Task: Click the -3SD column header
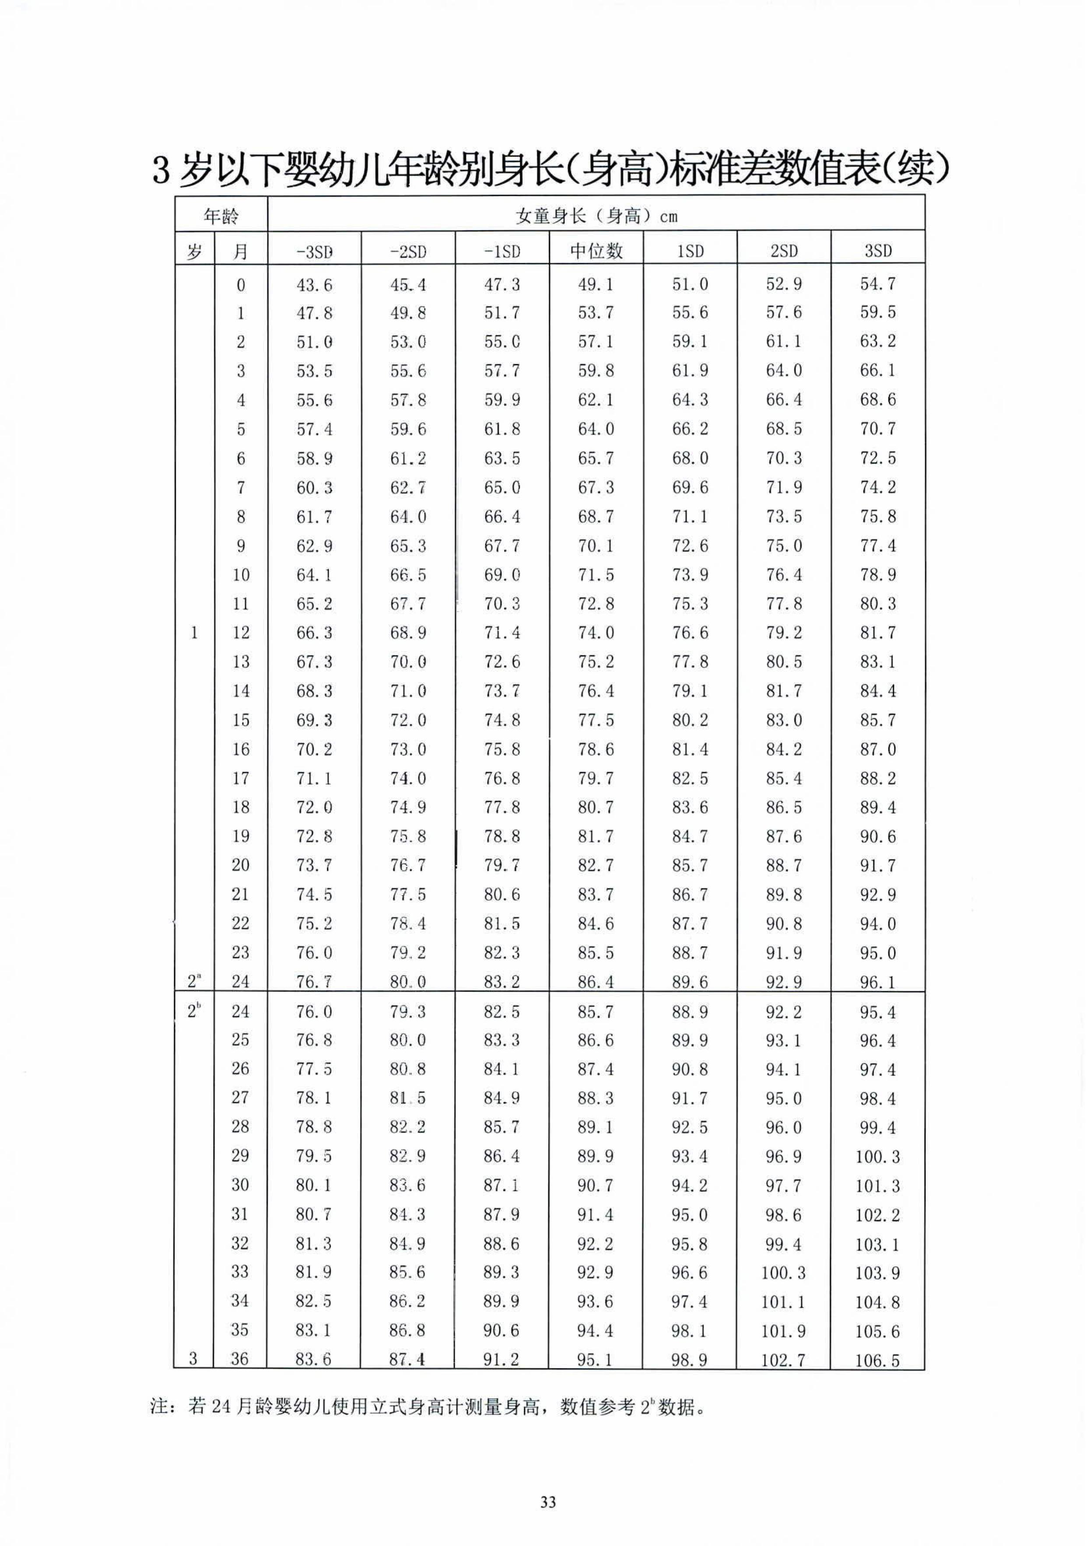click(314, 251)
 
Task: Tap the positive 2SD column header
click(784, 251)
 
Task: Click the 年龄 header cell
click(221, 216)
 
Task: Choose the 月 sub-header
click(241, 251)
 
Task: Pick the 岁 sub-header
click(194, 251)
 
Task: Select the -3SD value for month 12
click(314, 633)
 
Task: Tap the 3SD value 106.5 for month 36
click(877, 1361)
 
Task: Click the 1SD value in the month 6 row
click(690, 459)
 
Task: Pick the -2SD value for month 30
click(408, 1186)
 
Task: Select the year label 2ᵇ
click(194, 1011)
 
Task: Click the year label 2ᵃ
click(194, 982)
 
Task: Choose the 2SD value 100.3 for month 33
click(784, 1273)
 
